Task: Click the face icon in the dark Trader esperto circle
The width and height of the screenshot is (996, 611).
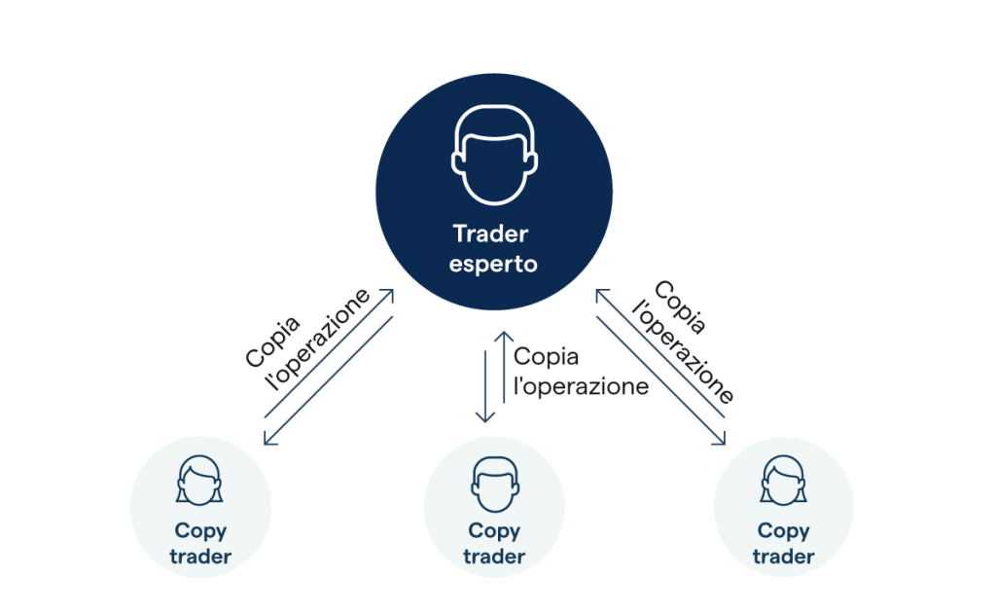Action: (x=494, y=155)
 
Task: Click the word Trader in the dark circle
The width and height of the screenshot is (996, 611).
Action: (x=490, y=234)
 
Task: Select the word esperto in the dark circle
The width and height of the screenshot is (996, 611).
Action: (x=493, y=265)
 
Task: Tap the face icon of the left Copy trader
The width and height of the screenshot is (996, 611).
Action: (x=199, y=481)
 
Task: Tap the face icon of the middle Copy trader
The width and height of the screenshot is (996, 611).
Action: (x=495, y=484)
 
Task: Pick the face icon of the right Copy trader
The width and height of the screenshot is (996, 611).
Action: (x=783, y=481)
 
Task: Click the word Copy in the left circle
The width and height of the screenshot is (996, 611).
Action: (x=200, y=531)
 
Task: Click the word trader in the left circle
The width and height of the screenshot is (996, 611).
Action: (x=200, y=557)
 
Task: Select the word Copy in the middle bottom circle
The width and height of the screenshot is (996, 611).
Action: (x=494, y=531)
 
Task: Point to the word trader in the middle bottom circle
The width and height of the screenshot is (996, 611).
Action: (x=494, y=557)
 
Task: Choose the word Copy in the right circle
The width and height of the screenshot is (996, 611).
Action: (x=783, y=531)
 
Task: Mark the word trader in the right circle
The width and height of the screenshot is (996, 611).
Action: (x=783, y=557)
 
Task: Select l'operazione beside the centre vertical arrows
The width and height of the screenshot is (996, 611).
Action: (x=581, y=386)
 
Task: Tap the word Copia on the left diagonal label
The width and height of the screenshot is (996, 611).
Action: (x=272, y=341)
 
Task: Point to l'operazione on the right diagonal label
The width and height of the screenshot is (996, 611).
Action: (x=684, y=352)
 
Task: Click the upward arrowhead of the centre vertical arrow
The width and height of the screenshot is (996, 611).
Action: (x=505, y=337)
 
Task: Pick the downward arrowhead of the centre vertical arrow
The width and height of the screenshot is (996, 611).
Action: (x=485, y=416)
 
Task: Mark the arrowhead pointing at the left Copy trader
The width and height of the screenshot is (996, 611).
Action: (x=269, y=438)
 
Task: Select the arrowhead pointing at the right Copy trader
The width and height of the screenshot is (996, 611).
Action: (x=719, y=438)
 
